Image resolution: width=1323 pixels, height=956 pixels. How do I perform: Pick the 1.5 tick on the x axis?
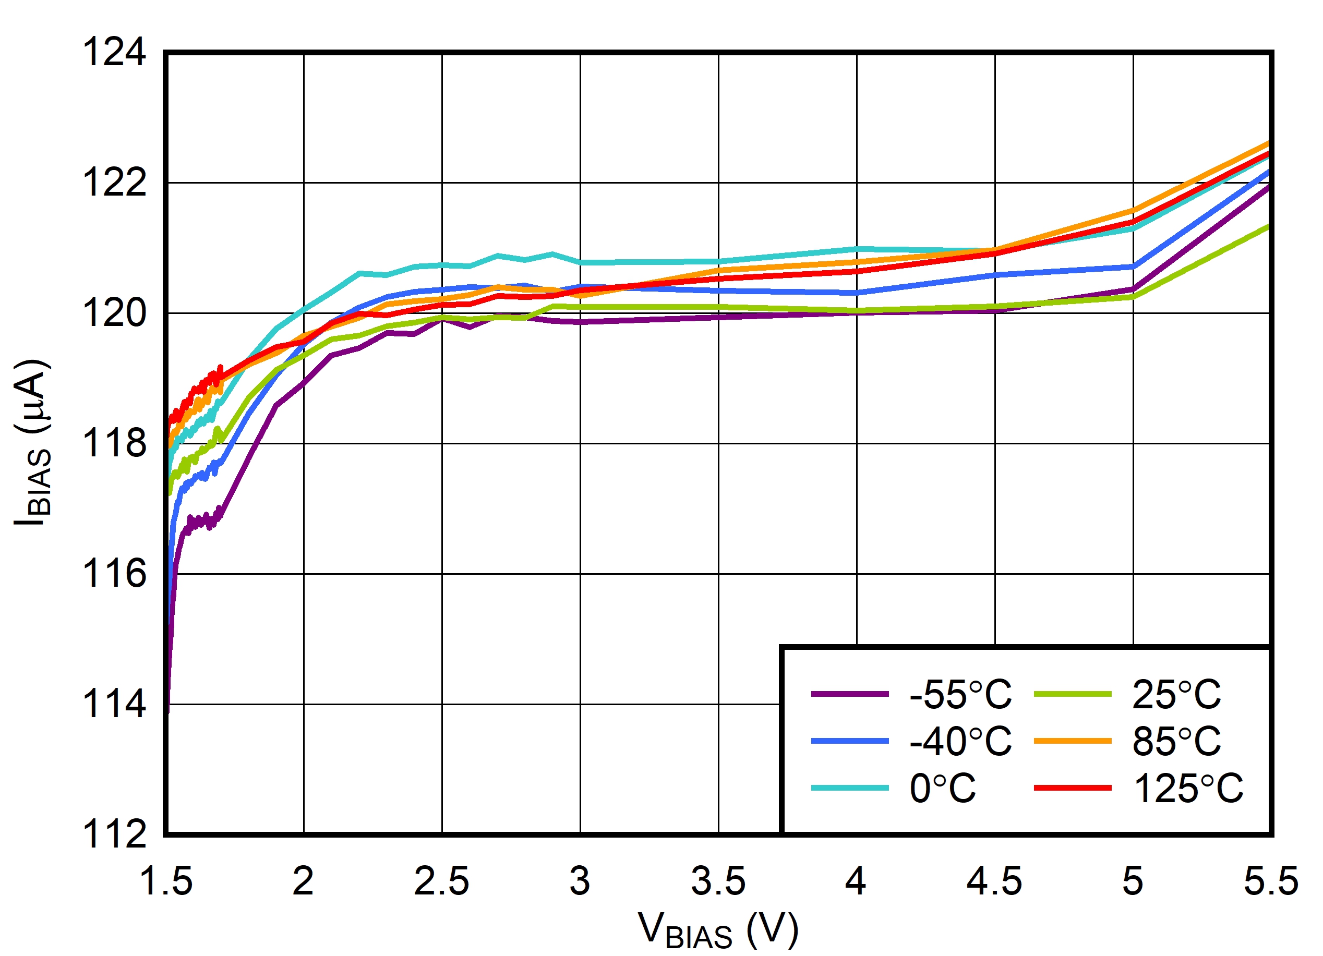(166, 881)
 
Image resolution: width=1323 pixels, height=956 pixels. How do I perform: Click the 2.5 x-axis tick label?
(441, 881)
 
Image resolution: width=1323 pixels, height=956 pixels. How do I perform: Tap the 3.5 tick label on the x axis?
(718, 881)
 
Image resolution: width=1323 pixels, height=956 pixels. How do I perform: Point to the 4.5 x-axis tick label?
(994, 881)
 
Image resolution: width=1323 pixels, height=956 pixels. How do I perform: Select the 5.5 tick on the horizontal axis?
(1270, 881)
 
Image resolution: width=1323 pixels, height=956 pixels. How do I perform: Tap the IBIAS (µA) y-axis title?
(33, 443)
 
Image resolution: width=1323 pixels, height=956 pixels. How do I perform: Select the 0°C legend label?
(943, 789)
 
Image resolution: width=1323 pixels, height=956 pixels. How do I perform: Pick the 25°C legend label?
(1176, 695)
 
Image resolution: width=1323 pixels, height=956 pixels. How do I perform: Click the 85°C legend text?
(1176, 741)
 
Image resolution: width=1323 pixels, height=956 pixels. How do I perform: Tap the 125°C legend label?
(1188, 789)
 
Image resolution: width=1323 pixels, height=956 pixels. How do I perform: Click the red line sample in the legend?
(1072, 788)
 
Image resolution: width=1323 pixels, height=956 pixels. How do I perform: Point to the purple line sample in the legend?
(850, 694)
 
